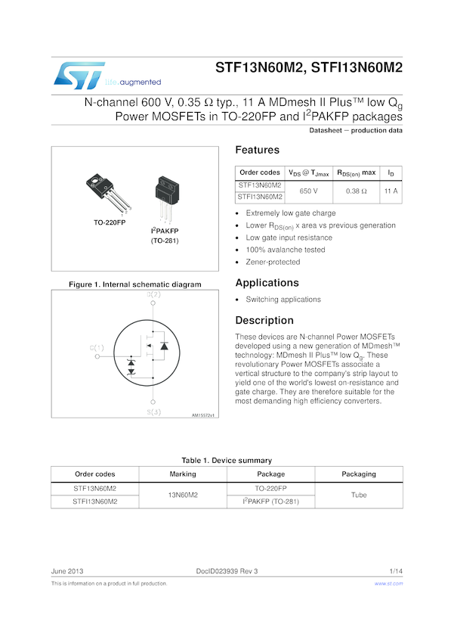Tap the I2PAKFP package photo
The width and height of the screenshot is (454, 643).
click(165, 194)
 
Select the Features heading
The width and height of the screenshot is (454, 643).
click(257, 150)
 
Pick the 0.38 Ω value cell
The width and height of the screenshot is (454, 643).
click(356, 191)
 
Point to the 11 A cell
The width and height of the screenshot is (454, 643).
click(391, 191)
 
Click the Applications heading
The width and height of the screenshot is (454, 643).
click(267, 283)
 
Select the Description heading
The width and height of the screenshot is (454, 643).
click(264, 320)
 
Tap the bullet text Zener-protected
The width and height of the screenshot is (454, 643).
click(273, 262)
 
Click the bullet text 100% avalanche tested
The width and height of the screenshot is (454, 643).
click(286, 250)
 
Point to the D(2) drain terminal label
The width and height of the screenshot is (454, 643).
click(153, 294)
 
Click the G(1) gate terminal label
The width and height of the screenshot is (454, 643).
click(97, 347)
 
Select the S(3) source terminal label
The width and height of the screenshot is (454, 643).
click(153, 412)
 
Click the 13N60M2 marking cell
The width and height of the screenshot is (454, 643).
click(183, 495)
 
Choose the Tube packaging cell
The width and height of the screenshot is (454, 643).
click(359, 495)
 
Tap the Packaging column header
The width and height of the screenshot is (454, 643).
click(359, 474)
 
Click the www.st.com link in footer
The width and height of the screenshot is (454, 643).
click(388, 584)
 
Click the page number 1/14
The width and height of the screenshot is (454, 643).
click(396, 569)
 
